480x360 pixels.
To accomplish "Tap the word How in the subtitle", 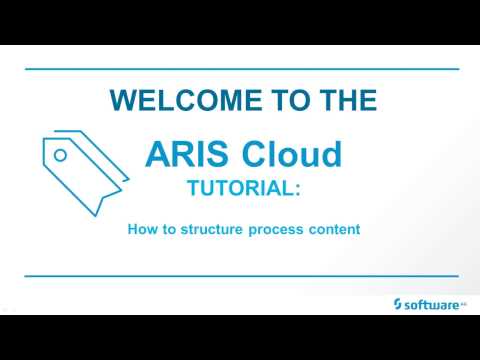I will pyautogui.click(x=141, y=229).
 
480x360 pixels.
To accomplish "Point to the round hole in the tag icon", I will pyautogui.click(x=60, y=155).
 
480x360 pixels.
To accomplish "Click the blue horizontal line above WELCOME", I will pyautogui.click(x=240, y=69).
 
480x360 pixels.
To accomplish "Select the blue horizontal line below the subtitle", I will pyautogui.click(x=240, y=275).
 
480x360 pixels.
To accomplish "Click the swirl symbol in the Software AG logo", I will pyautogui.click(x=398, y=302).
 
